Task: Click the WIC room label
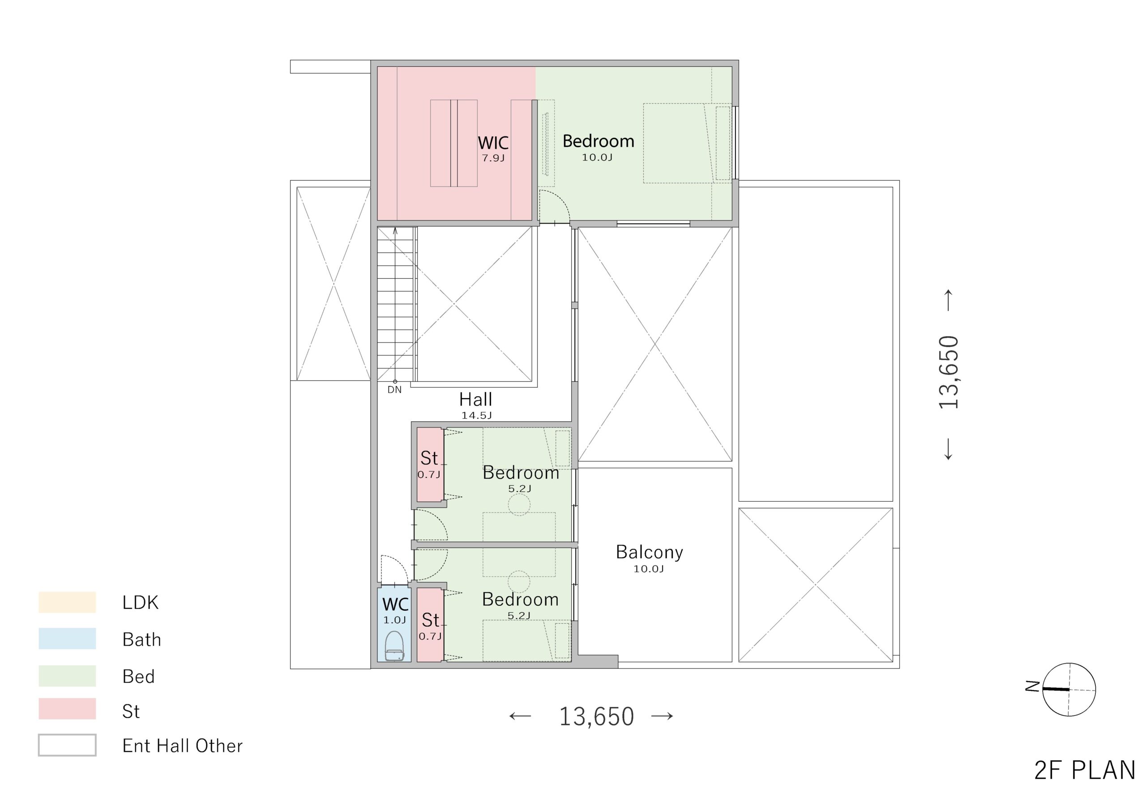pos(493,143)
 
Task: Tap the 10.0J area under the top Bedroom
pos(597,158)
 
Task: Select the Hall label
pos(476,399)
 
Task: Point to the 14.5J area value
pos(476,416)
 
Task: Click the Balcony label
pos(650,552)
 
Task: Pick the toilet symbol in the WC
pos(394,647)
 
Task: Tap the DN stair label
pos(394,389)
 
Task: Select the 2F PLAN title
pos(1085,770)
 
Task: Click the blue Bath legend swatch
pos(67,639)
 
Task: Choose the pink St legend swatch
pos(67,709)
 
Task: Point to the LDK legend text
pos(141,603)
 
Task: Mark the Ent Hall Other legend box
pos(67,745)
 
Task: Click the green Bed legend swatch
pos(67,676)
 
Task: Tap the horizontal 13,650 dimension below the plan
pos(596,716)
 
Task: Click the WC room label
pos(395,605)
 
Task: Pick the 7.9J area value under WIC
pos(493,158)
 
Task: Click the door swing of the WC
pos(394,570)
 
